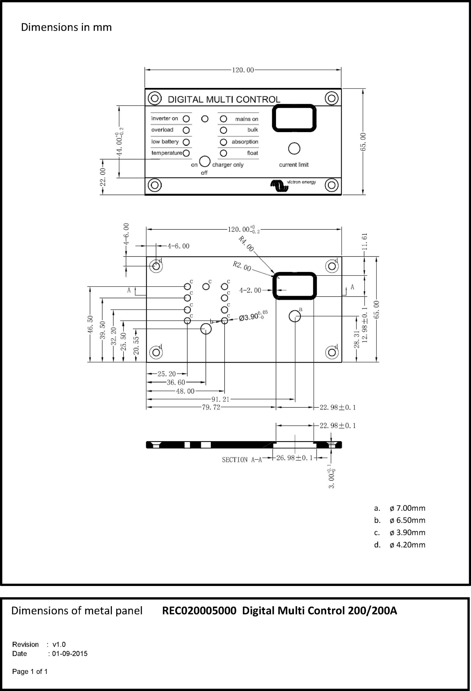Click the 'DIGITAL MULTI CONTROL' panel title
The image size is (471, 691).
coord(224,99)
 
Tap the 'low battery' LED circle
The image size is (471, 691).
coord(186,142)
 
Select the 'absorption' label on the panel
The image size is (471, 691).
coord(245,142)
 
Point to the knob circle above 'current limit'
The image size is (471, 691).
coord(294,148)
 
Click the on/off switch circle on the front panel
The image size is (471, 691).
coord(205,161)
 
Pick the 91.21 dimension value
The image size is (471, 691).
coord(220,399)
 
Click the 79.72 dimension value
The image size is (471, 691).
coord(211,407)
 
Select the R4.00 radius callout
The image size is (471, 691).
coord(246,244)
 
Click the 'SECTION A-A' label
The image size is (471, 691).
coord(242,460)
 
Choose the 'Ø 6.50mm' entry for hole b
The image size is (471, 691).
coord(407,520)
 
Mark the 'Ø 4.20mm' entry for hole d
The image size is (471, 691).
coord(407,545)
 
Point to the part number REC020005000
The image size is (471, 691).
coord(199,611)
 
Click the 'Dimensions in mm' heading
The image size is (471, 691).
coord(66,27)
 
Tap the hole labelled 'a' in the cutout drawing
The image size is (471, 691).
coord(295,316)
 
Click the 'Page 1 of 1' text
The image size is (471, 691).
coord(30,671)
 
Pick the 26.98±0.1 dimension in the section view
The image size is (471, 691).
coord(294,458)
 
